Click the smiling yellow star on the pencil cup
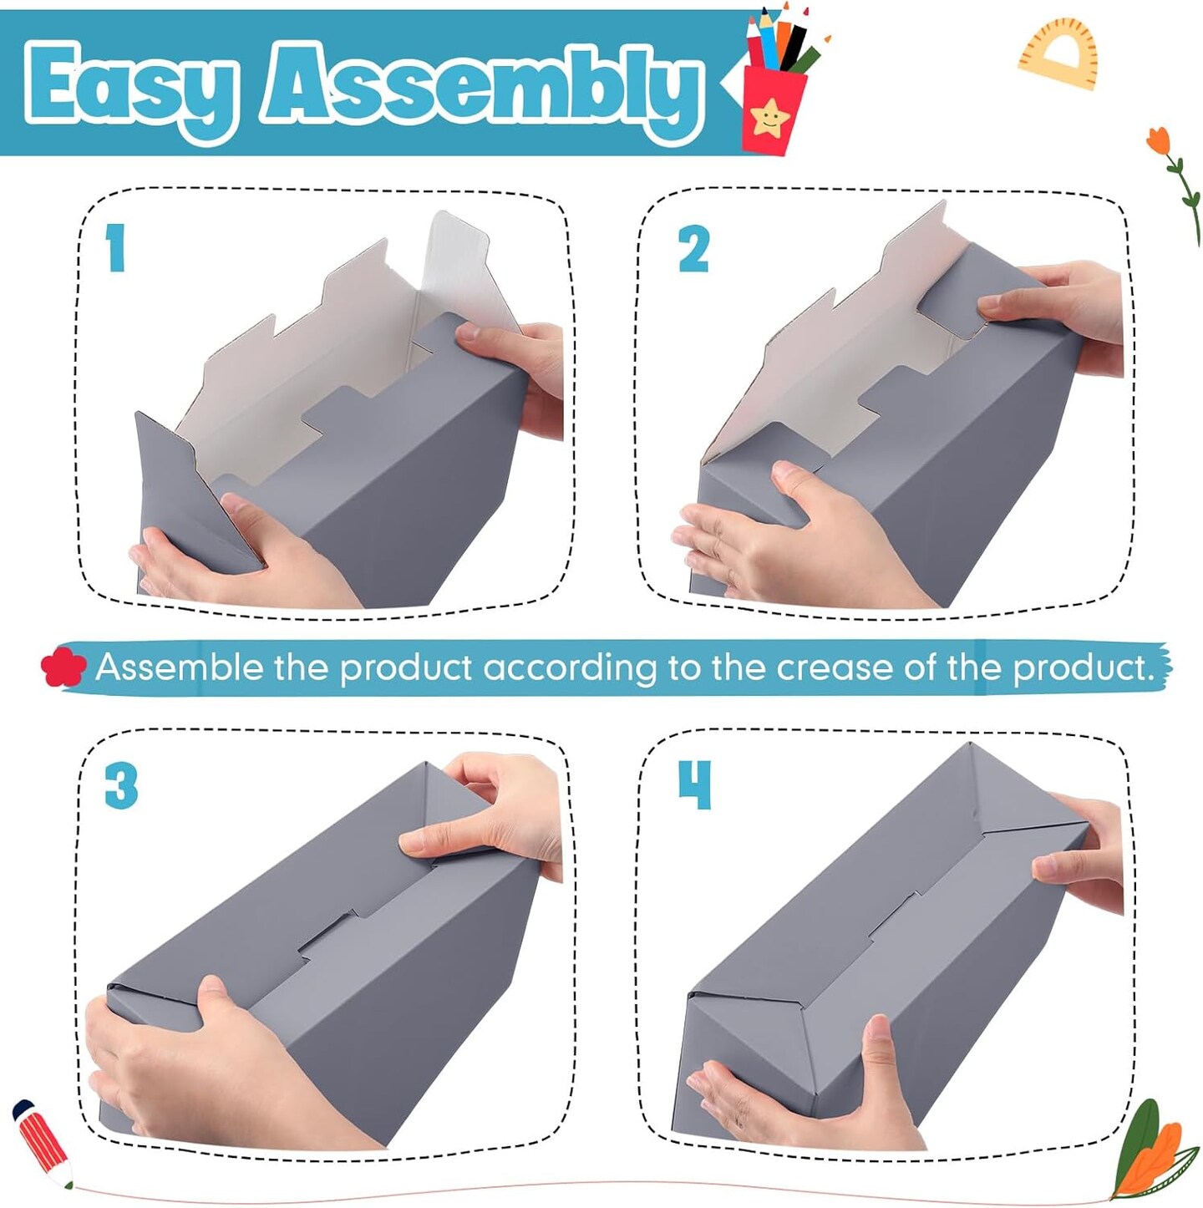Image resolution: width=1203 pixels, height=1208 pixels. (x=770, y=118)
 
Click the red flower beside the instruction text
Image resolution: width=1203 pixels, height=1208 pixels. (x=63, y=667)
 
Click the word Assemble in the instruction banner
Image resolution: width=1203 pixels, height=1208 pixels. (x=180, y=667)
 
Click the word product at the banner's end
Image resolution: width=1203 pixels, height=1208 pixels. (x=1084, y=668)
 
